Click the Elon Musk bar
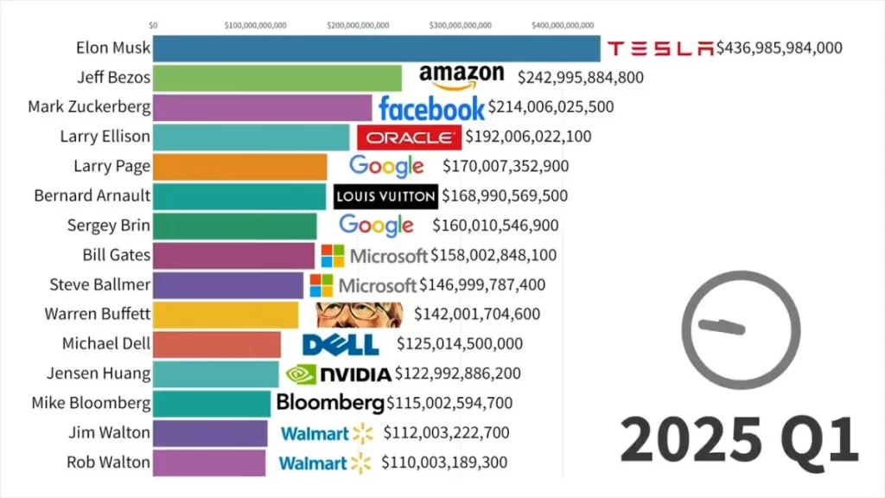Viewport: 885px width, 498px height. coord(376,48)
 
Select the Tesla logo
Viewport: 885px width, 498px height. coord(660,48)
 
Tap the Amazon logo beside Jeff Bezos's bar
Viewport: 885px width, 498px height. coord(461,76)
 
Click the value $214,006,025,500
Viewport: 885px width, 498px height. coord(551,107)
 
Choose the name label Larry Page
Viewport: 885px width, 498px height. coord(111,166)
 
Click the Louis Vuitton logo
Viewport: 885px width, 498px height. coord(385,196)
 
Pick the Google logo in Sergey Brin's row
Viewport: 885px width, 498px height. coord(376,226)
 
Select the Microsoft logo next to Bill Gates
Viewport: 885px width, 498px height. coord(374,256)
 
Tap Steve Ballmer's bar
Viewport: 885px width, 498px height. coord(228,285)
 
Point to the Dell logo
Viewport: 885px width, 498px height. coord(341,344)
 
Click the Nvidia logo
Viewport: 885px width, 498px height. coord(338,374)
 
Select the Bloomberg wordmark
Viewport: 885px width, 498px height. coord(329,403)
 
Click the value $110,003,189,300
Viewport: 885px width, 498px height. coord(444,463)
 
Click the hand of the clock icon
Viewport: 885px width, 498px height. coord(722,326)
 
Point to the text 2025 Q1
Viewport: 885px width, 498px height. coord(739,439)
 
